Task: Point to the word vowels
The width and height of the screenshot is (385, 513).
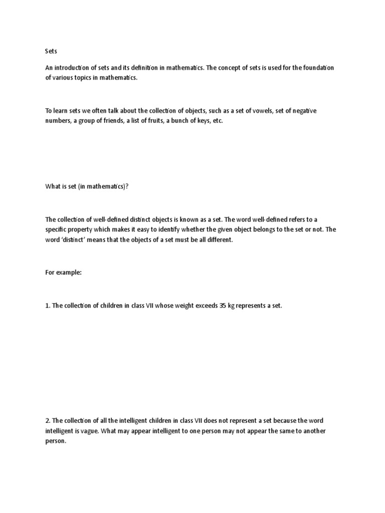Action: (x=263, y=111)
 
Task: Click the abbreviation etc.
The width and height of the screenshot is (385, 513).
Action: (x=216, y=122)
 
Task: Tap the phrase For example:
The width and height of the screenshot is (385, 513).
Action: (x=63, y=273)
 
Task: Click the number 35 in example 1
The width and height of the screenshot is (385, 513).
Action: (x=222, y=305)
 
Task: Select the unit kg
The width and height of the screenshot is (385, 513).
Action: (x=232, y=305)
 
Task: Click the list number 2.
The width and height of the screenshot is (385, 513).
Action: (x=48, y=421)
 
